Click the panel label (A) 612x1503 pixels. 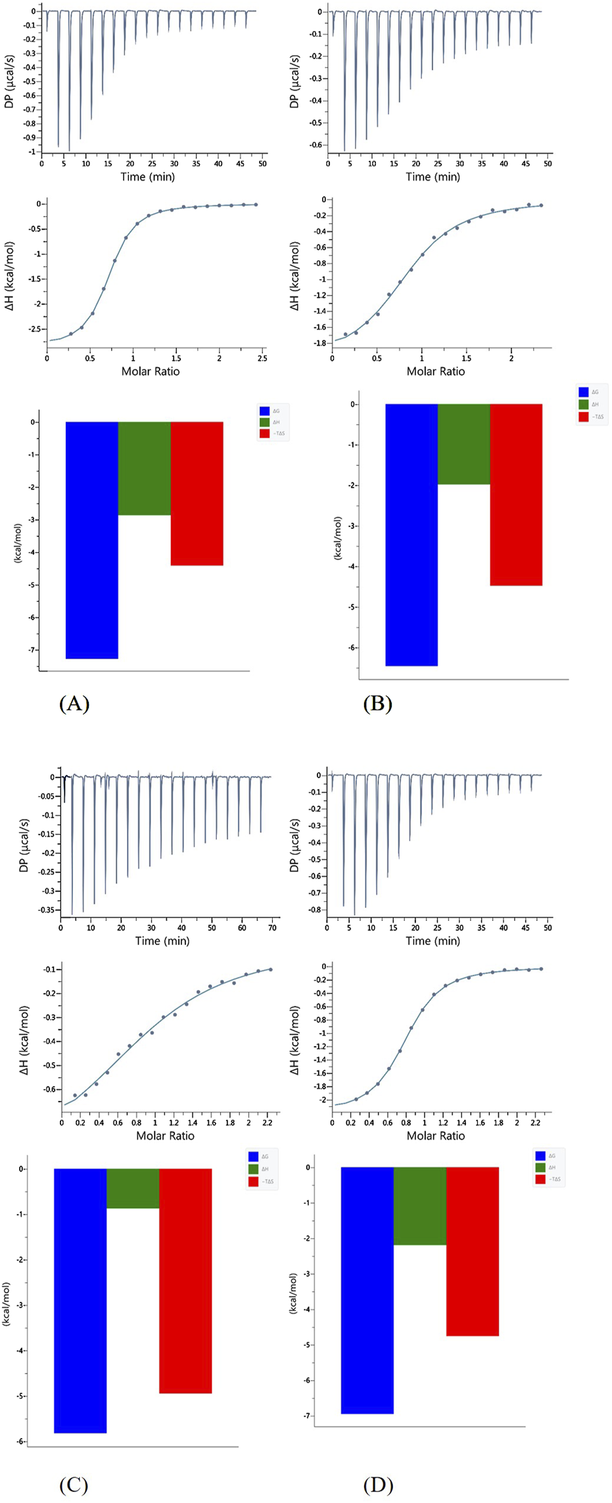74,704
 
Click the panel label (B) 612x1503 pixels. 378,704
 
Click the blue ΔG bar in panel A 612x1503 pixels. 92,539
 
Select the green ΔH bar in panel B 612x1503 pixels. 463,444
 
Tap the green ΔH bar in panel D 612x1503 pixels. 419,1206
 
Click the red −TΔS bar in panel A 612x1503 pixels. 197,493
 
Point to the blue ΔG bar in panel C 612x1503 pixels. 80,1300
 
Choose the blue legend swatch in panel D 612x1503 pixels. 540,1156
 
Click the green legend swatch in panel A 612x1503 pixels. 264,422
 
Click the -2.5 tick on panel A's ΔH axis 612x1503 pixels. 32,329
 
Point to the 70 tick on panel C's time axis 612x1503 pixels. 273,927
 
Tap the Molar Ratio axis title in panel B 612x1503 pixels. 435,371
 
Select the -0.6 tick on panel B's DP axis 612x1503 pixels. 316,145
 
